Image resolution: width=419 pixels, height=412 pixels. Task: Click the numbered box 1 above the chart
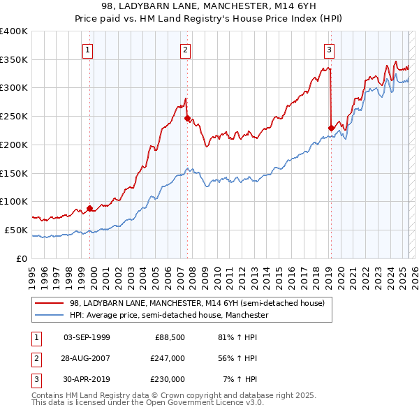pos(88,50)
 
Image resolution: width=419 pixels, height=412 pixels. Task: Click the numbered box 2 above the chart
pos(186,50)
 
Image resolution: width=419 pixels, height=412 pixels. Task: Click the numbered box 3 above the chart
pos(329,50)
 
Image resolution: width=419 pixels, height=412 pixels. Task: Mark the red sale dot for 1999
pos(90,207)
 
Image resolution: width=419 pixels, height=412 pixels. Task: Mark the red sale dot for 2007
pos(187,118)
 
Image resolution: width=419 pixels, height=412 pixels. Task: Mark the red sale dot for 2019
pos(331,128)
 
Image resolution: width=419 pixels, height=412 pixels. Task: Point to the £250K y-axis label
pos(13,116)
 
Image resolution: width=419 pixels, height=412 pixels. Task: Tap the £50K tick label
pos(16,230)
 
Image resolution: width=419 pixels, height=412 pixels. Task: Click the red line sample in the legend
pos(50,304)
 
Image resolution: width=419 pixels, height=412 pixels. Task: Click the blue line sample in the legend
pos(50,316)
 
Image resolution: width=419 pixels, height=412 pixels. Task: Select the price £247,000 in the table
pos(168,358)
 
